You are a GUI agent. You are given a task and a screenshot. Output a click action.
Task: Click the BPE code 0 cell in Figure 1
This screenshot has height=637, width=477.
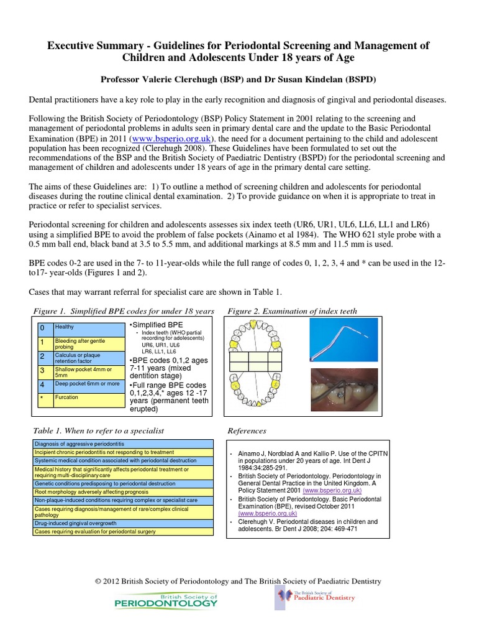coord(42,327)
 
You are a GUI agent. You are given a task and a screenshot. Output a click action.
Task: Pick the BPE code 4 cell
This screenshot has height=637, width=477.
coord(42,385)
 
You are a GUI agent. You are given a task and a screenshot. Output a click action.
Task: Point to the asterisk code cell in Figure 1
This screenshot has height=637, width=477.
coord(42,398)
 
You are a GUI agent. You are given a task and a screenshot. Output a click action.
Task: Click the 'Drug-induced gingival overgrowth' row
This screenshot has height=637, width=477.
coord(121,524)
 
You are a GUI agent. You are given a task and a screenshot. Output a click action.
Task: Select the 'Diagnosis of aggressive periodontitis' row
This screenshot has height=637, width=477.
coord(121,444)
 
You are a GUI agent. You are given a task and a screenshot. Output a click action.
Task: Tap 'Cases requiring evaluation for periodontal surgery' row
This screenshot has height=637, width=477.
coord(121,532)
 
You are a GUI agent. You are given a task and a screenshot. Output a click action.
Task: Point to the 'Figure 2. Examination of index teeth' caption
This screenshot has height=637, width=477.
coord(292,311)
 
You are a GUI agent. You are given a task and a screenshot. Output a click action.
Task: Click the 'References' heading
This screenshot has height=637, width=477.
coord(247,430)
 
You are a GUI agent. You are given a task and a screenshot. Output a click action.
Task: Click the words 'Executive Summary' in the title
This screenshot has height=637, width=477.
coord(87,47)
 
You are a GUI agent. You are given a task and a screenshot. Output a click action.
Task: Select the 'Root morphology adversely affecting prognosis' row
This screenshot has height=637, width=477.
coord(121,491)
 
